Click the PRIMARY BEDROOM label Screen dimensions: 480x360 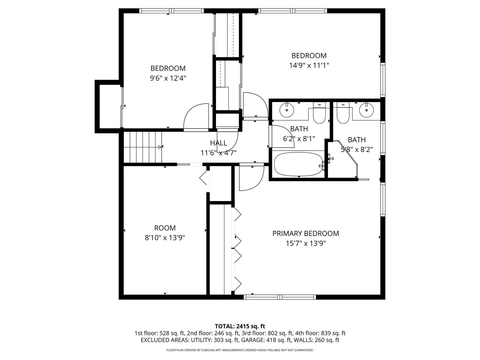[305, 233]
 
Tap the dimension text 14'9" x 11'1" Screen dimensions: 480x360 [309, 65]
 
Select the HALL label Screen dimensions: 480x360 [218, 143]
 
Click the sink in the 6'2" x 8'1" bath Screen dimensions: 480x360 [287, 110]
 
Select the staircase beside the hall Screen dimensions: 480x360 [143, 147]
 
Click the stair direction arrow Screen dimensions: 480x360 [161, 147]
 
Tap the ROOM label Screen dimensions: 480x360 [165, 228]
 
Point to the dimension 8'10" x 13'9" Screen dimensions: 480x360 [165, 238]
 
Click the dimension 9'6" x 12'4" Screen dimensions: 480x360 [168, 78]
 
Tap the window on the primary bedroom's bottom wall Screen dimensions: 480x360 [280, 297]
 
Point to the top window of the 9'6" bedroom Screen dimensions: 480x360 [172, 11]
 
